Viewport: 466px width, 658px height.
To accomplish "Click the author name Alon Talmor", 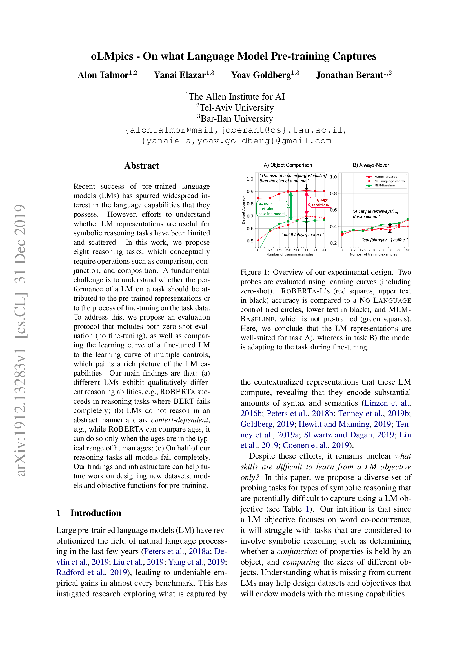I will [x=103, y=75].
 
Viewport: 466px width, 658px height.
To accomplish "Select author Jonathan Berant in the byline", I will [x=349, y=75].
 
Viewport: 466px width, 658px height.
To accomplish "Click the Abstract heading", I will [x=141, y=166].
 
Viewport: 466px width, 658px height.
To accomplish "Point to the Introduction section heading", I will [x=96, y=513].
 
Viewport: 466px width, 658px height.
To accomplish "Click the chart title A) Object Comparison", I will [x=288, y=165].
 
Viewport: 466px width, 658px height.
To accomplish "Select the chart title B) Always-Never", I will [x=371, y=165].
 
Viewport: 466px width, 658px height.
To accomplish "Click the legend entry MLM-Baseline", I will [x=384, y=185].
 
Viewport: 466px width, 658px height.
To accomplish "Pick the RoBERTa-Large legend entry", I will [x=385, y=177].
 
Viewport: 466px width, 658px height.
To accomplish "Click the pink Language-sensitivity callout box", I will [x=320, y=202].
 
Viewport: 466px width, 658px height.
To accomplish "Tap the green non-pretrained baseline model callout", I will [x=271, y=209].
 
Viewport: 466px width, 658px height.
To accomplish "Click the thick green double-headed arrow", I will [x=291, y=206].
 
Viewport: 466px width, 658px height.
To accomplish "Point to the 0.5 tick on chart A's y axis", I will [x=250, y=241].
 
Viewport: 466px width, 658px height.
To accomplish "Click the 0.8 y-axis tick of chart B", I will [x=333, y=194].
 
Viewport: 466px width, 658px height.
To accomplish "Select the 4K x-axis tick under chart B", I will [x=407, y=250].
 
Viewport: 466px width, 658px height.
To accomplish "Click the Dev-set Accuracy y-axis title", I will [x=243, y=210].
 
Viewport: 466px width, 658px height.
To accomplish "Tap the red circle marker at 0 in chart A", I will [x=258, y=240].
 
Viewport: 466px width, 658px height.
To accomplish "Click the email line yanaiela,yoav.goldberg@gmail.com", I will [x=236, y=141].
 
